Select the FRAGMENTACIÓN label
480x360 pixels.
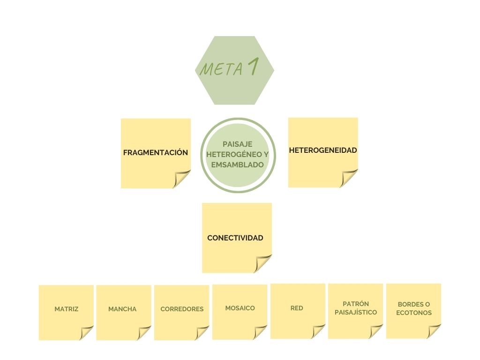click(x=155, y=153)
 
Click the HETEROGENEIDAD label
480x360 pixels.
click(x=323, y=150)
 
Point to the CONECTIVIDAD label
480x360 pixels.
click(x=235, y=238)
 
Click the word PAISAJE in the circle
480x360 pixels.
click(x=237, y=144)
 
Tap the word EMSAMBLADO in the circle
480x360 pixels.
click(x=237, y=165)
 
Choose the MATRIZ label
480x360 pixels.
click(x=66, y=309)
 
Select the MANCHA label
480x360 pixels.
click(x=122, y=309)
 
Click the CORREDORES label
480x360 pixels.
click(x=182, y=309)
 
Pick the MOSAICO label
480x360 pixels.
click(x=240, y=308)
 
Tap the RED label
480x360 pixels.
click(x=297, y=308)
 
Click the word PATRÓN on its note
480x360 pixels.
click(x=356, y=304)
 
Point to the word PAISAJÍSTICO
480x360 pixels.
click(x=356, y=313)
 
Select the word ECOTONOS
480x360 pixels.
click(x=414, y=313)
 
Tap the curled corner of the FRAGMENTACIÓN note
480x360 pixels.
click(x=182, y=179)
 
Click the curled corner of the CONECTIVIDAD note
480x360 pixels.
click(x=263, y=263)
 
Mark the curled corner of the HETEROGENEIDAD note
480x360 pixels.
click(x=349, y=178)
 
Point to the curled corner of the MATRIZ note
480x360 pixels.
click(x=87, y=332)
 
